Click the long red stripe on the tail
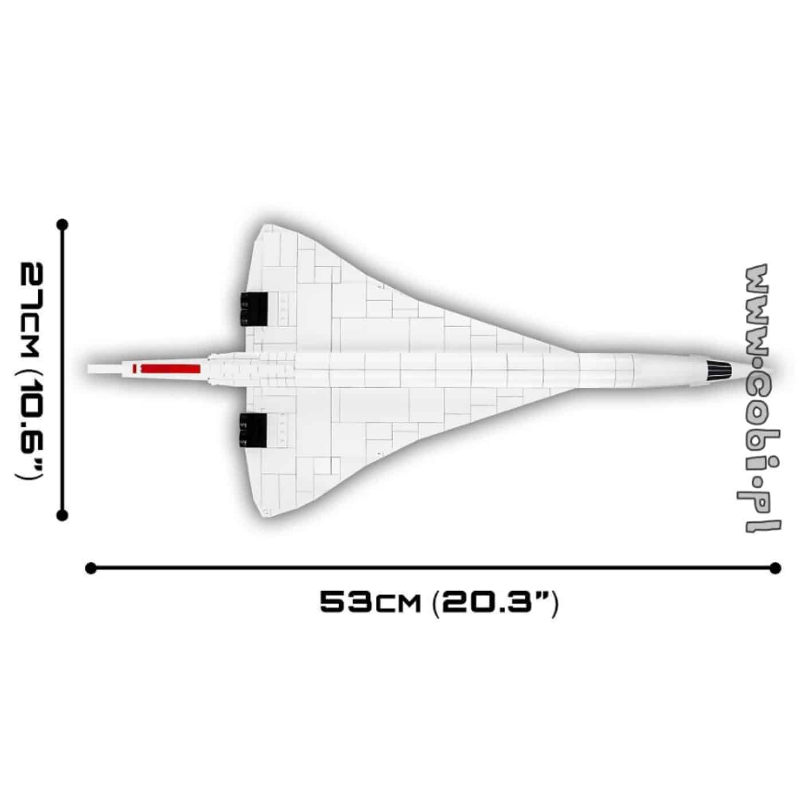pos(171,368)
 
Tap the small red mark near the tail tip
pos(135,368)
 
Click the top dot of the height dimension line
pos(62,225)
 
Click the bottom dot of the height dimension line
pos(62,516)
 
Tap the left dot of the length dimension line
pos(91,568)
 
